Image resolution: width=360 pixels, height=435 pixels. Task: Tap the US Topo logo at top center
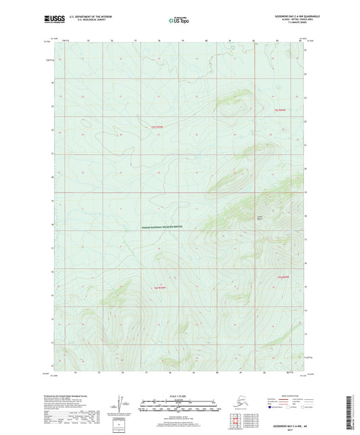[178, 21]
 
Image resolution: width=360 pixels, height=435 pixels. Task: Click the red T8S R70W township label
[159, 288]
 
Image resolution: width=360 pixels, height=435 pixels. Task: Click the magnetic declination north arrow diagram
[122, 404]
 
